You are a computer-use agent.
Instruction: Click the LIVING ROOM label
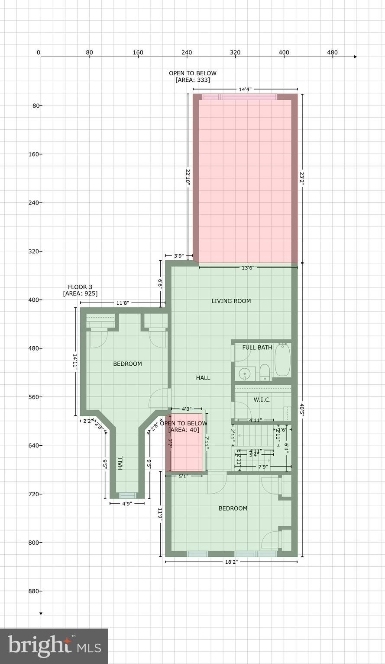231,301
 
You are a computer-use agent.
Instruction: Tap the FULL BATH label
257,347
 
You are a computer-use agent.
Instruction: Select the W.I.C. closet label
262,400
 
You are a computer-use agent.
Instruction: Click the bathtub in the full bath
283,360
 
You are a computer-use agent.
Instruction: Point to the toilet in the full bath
265,372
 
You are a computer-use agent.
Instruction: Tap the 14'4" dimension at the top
245,89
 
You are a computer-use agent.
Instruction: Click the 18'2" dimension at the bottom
231,562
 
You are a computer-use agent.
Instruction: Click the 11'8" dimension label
122,303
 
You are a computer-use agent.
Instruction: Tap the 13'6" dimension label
247,268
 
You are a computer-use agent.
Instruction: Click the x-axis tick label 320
235,52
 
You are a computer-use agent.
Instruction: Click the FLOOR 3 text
80,287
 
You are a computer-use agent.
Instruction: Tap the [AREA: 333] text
193,80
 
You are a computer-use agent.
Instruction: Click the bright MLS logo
54,646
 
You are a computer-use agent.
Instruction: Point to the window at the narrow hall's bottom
127,495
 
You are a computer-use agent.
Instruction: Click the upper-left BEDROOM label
127,364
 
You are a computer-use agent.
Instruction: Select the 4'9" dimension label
126,504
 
